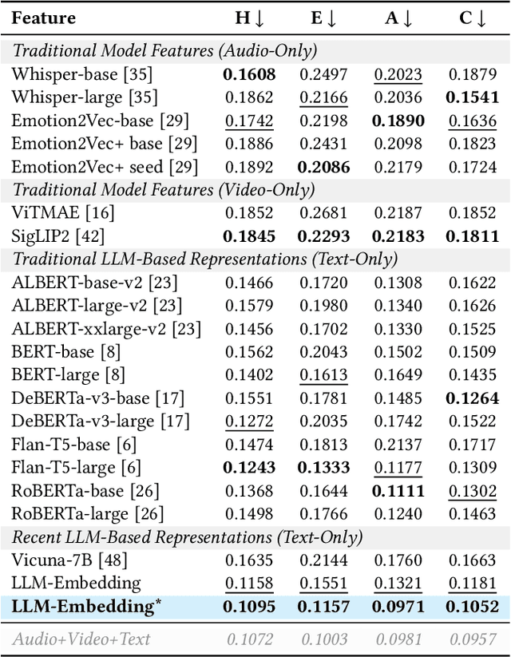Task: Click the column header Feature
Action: click(x=44, y=18)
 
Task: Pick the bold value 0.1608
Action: click(x=248, y=74)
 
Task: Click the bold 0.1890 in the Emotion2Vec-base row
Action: click(x=398, y=121)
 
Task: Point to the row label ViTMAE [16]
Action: click(x=63, y=212)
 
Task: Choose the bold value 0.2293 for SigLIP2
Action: click(x=323, y=235)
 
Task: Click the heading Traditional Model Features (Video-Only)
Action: click(x=163, y=190)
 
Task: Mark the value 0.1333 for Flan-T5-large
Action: click(x=323, y=467)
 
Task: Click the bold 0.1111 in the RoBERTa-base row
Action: click(x=398, y=490)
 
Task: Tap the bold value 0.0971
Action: click(x=398, y=607)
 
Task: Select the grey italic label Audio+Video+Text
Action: click(x=81, y=638)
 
